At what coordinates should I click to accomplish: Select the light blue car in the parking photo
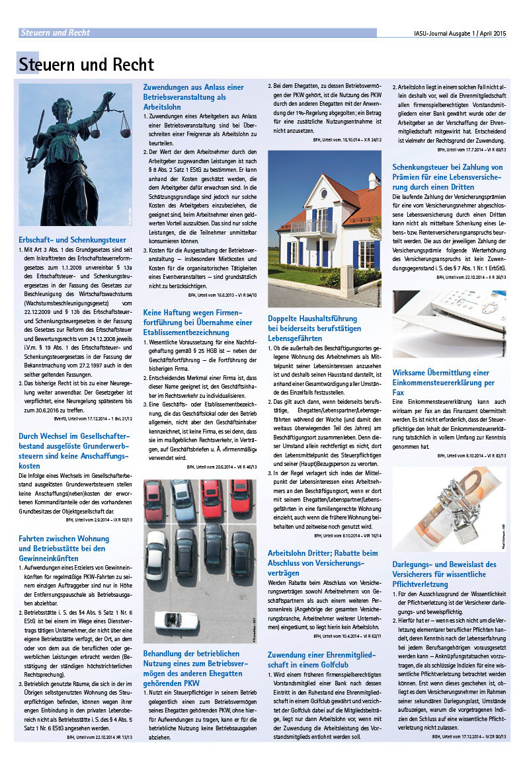(x=182, y=492)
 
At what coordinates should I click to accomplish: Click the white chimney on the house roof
(x=374, y=180)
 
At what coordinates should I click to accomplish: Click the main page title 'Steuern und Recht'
(x=87, y=65)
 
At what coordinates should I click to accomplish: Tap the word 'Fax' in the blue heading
(x=399, y=393)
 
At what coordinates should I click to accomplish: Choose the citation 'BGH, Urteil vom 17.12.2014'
(x=470, y=735)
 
